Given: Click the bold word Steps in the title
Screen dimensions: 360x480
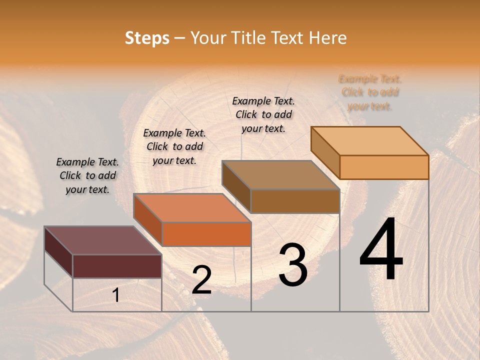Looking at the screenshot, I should [x=146, y=38].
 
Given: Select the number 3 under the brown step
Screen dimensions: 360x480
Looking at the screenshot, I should [x=293, y=265].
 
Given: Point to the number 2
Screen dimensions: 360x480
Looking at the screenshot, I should [x=201, y=280].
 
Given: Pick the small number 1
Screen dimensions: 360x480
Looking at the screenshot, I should [x=116, y=295].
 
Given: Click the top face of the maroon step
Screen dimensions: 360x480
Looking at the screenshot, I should [x=102, y=240].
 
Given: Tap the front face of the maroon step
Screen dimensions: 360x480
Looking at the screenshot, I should [x=117, y=266].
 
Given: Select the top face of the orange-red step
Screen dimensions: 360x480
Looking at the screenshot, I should [x=192, y=208].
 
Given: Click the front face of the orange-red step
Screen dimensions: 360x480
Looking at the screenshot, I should [x=206, y=234].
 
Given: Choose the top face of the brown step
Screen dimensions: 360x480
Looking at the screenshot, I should [x=280, y=175].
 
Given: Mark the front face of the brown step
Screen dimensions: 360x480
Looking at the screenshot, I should [x=295, y=201].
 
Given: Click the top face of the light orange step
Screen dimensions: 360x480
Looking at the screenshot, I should [x=369, y=140].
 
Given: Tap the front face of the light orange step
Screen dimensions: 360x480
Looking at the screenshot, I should [x=384, y=167].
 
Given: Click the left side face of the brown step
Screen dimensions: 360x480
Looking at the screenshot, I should [x=236, y=186].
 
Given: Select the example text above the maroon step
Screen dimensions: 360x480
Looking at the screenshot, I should [x=87, y=175].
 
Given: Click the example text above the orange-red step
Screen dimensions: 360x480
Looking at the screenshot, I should [x=174, y=146].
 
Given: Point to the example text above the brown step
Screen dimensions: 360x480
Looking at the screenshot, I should [x=263, y=114].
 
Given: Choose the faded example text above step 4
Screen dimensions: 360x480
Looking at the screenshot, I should [x=370, y=92].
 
